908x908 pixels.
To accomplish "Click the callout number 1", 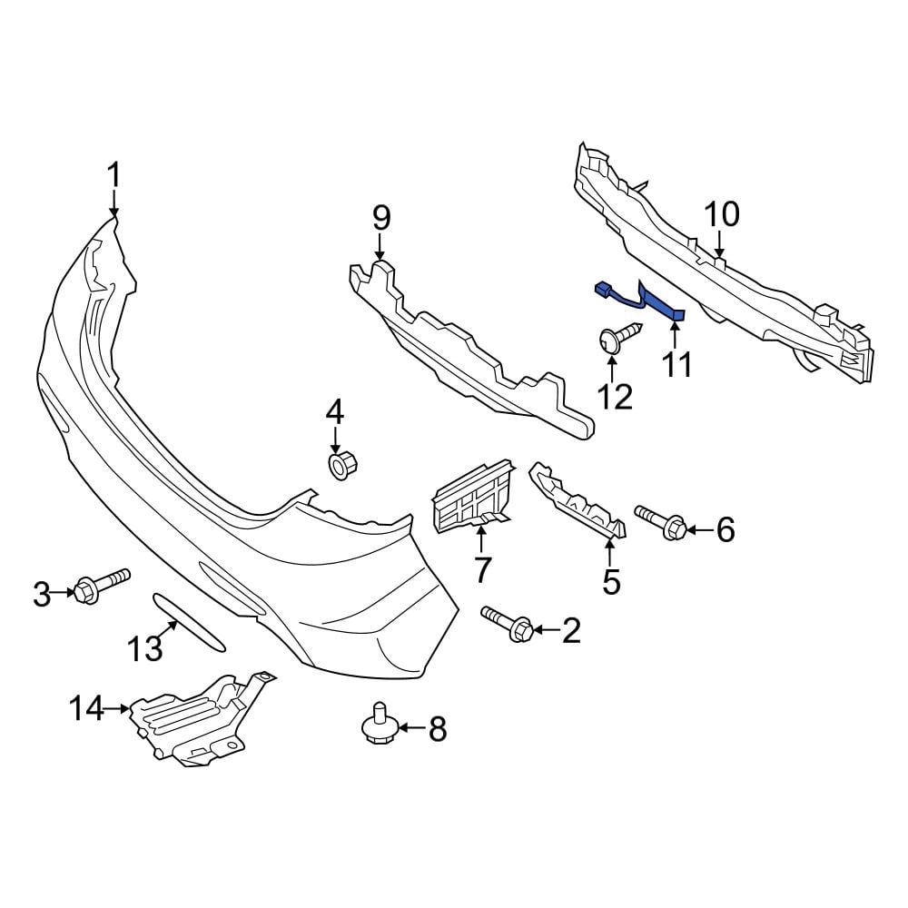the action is (114, 175).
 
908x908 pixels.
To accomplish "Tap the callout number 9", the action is (381, 218).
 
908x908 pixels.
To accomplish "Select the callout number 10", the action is (722, 214).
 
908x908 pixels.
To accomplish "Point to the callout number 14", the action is (87, 708).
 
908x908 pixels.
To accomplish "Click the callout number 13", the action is (144, 648).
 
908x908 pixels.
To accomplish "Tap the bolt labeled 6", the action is (661, 520).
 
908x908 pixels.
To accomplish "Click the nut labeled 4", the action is (342, 467).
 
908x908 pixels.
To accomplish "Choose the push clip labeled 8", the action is (379, 722).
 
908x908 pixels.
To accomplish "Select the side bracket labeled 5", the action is (577, 501).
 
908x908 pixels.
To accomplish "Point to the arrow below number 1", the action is (114, 204).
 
